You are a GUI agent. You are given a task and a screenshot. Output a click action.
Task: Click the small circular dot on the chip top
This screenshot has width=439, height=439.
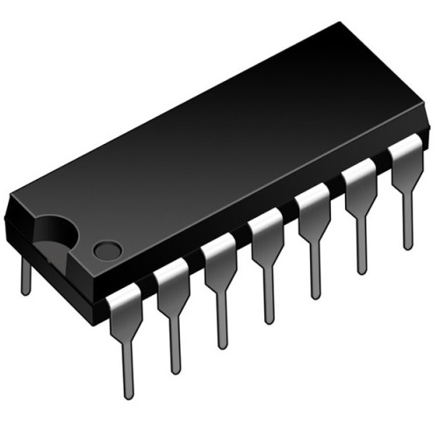(x=106, y=249)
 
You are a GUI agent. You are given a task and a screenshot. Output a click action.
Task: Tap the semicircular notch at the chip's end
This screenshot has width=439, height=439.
(x=54, y=231)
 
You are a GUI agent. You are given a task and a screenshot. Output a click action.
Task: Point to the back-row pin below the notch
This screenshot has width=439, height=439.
(x=25, y=274)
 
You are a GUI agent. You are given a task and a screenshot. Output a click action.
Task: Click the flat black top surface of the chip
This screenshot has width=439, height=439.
(x=219, y=149)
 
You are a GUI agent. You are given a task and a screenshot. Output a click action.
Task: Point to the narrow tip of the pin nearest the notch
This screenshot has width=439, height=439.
(x=128, y=378)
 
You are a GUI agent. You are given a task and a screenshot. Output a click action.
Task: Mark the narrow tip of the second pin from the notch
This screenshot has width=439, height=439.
(x=175, y=351)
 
